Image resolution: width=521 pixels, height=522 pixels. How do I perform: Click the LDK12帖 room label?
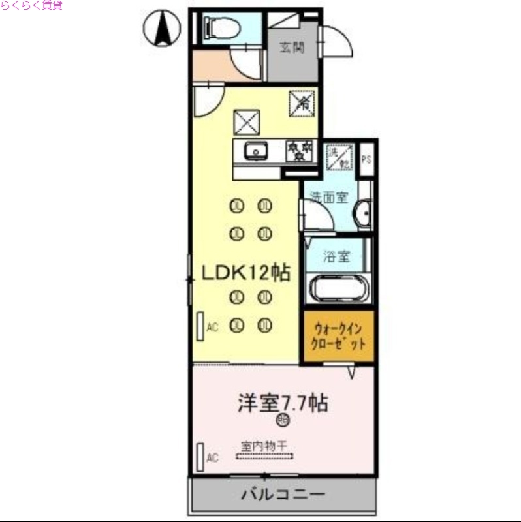click(245, 273)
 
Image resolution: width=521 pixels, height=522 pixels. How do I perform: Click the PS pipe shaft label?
click(367, 159)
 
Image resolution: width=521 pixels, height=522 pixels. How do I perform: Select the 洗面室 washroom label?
click(328, 196)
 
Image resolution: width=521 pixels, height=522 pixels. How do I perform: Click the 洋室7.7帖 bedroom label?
click(282, 403)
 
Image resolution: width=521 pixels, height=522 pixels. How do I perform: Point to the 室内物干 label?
click(264, 447)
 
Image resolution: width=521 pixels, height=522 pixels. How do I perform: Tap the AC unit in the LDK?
click(200, 326)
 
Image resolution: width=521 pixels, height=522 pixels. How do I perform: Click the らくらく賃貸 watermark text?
click(31, 6)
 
